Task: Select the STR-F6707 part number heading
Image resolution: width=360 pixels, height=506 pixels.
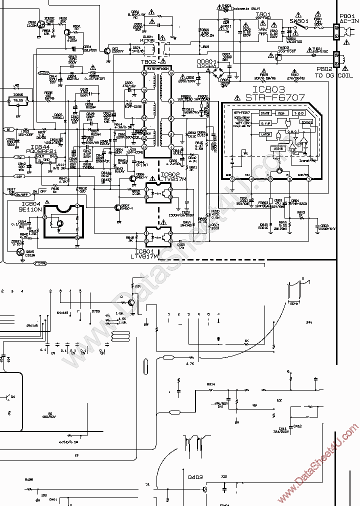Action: click(272, 97)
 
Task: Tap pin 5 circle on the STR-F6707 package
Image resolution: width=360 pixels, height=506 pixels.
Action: click(231, 178)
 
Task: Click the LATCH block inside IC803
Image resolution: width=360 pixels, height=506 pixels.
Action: click(266, 134)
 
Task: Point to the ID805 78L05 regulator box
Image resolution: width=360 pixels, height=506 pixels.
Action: click(19, 100)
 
